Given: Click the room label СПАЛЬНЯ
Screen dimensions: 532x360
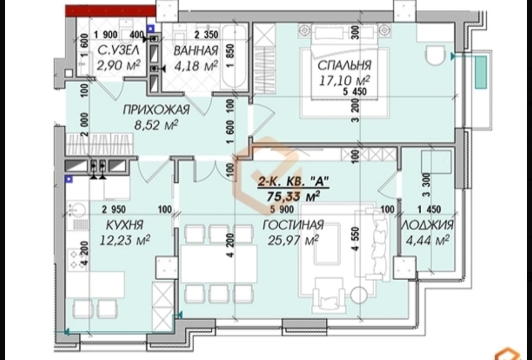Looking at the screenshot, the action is point(344,65).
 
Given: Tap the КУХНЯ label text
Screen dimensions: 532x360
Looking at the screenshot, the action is point(125,225).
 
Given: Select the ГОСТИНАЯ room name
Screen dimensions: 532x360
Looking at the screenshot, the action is point(293,225).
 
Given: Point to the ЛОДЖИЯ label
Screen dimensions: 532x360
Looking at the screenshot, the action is point(427,225).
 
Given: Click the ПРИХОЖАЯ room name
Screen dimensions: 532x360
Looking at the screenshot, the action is point(156,110).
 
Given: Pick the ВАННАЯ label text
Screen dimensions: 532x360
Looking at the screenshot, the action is point(196,51).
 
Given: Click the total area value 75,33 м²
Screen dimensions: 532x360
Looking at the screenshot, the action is point(294,196).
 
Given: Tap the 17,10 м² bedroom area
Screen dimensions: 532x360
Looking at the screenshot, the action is point(344,80).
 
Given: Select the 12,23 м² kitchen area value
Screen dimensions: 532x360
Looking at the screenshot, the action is point(125,240).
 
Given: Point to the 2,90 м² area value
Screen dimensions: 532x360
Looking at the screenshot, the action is point(118,65).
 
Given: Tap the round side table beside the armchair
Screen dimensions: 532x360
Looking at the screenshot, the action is point(359,295).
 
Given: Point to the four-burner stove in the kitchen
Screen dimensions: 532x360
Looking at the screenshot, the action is point(78,259).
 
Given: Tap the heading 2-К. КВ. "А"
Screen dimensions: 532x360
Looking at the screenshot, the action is point(294,182).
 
